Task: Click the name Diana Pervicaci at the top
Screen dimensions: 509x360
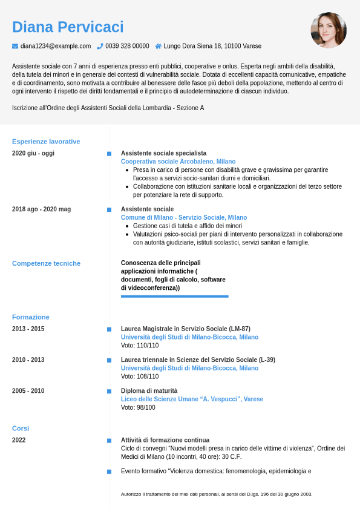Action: point(68,27)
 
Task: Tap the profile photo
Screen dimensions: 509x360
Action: point(329,30)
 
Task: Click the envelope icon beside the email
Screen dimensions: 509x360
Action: point(15,46)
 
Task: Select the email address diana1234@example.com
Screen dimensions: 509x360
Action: point(56,46)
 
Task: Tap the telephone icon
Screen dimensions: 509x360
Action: point(100,46)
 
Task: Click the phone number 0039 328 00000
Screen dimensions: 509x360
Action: point(127,46)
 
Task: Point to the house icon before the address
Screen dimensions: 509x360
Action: point(159,46)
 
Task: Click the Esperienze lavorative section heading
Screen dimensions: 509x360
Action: point(46,142)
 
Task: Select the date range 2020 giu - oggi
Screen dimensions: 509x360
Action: point(33,153)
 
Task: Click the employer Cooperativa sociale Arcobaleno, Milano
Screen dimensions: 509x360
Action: point(178,162)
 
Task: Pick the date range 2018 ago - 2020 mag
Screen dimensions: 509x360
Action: point(41,209)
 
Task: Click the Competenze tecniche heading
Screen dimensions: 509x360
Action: point(46,263)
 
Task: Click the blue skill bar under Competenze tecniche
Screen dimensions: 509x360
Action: point(174,296)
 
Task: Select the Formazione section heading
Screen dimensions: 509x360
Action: point(31,317)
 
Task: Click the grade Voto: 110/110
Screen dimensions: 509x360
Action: point(140,346)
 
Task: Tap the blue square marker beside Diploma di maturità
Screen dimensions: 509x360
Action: point(109,391)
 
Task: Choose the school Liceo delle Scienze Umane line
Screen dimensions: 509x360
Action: point(192,399)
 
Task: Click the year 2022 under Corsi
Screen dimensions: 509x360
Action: point(19,440)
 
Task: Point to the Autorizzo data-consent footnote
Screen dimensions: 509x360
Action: point(217,494)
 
